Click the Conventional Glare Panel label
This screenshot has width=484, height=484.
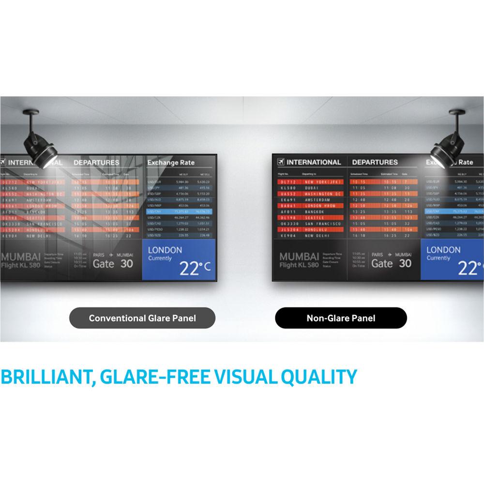click(x=142, y=318)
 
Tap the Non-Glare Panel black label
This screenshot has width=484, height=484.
click(x=341, y=318)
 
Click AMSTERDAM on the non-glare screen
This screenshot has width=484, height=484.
click(x=318, y=199)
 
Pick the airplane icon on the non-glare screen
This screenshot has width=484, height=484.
click(x=280, y=162)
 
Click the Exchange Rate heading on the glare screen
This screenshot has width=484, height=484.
click(x=171, y=163)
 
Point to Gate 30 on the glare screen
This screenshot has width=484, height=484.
click(x=113, y=263)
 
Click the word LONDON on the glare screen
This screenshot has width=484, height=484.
click(x=165, y=250)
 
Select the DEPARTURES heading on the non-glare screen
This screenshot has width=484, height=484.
click(x=375, y=162)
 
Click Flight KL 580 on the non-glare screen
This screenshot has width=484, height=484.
click(x=299, y=265)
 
